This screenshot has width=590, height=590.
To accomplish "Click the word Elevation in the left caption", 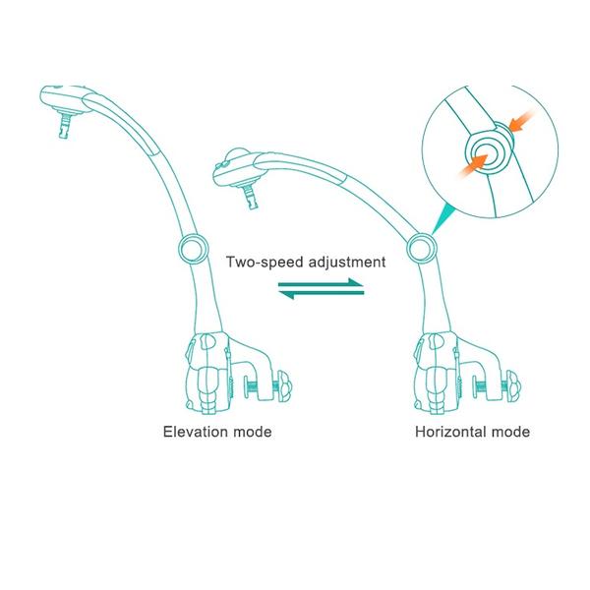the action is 196,432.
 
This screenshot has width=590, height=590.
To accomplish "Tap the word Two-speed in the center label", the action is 265,263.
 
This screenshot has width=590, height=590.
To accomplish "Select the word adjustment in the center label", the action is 347,263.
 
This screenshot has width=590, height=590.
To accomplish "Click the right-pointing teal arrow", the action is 321,282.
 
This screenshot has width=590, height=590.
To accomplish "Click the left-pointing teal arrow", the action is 321,294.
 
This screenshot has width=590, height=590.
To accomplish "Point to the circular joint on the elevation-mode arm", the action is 194,249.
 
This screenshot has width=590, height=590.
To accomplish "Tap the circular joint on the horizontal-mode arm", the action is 422,249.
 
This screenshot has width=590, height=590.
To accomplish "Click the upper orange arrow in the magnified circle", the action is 521,120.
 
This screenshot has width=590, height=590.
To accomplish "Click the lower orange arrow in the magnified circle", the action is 473,166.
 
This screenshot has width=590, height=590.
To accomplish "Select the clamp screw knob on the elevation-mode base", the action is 284,385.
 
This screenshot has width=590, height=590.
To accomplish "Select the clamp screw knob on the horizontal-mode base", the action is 512,385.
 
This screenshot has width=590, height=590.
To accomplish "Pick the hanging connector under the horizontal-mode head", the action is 251,196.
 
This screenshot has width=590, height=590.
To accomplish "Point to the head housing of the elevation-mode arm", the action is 65,97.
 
